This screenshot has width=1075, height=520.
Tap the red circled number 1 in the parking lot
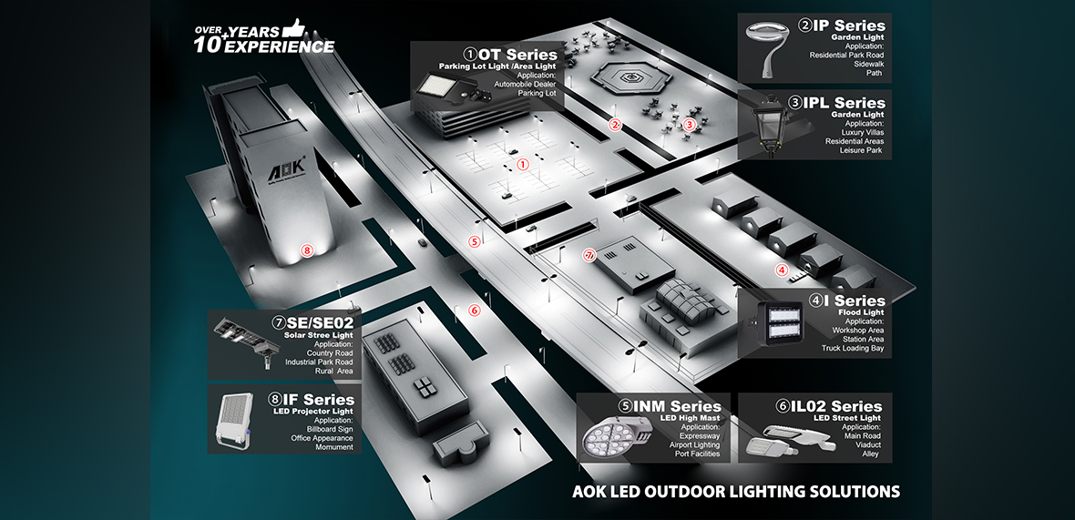coord(523,165)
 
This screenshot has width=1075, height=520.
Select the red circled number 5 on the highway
coord(474,241)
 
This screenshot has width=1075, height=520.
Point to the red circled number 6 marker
coord(474,310)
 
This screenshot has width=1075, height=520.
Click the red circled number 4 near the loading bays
coord(781,269)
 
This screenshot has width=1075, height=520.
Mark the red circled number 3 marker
coord(690,125)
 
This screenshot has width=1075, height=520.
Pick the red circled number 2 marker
coord(615,126)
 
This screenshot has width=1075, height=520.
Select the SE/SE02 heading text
coord(320,321)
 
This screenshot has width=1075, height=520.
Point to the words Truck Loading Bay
coord(853,348)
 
